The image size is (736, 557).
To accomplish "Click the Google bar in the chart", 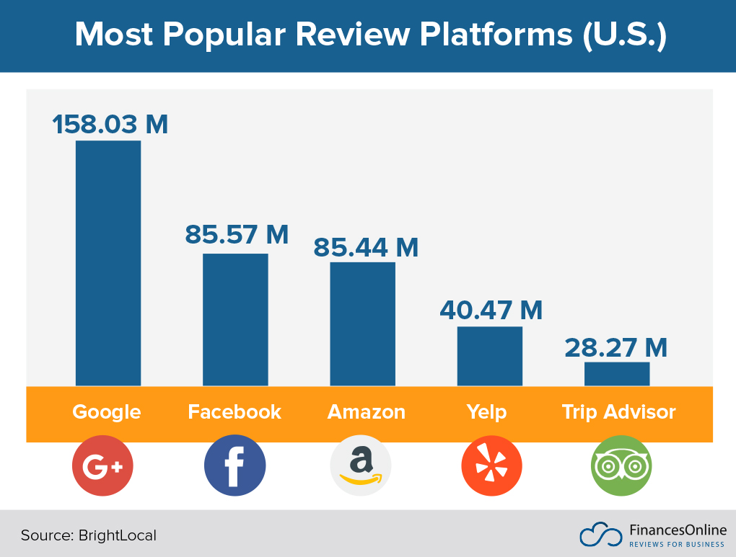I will click(108, 263).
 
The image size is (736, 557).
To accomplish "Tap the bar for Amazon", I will click(363, 324).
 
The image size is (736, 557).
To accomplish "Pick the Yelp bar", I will click(490, 356).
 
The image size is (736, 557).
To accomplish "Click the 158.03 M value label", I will click(110, 124).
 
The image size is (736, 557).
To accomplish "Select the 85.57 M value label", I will click(237, 234).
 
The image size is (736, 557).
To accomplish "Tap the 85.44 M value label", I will click(365, 247).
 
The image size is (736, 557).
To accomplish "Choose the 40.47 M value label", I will click(491, 311).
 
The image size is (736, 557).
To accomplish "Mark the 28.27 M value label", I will click(616, 347).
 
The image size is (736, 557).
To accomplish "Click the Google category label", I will click(107, 412).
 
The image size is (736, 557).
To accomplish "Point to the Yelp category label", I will click(486, 412).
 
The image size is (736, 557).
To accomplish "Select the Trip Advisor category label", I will click(618, 412).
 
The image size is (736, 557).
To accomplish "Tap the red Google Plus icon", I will click(103, 466).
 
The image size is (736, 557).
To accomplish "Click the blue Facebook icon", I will click(235, 466).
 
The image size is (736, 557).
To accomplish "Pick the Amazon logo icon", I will click(361, 466).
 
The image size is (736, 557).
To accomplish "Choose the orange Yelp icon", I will click(491, 466).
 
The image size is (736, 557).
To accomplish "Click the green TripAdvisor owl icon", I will click(621, 466).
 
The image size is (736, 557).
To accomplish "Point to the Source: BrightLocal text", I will click(88, 535).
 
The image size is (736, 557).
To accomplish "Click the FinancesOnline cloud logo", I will click(600, 534).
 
